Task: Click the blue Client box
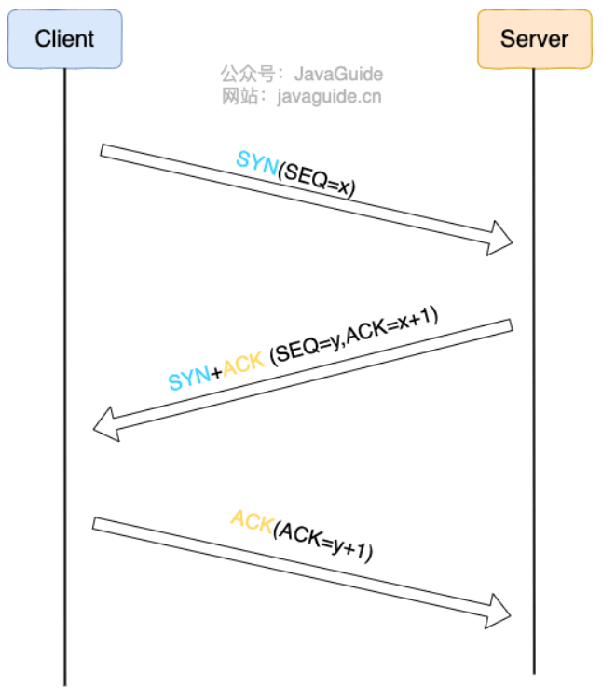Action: (x=64, y=39)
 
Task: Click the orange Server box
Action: (x=534, y=39)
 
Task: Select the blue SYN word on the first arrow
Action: (x=257, y=161)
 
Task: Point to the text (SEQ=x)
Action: (x=318, y=179)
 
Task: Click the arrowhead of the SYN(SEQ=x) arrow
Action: (x=499, y=238)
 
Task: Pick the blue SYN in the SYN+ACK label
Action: (x=189, y=378)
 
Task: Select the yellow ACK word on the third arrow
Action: (x=252, y=521)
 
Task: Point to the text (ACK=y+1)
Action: (x=322, y=541)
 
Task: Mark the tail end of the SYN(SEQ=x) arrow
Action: (x=103, y=151)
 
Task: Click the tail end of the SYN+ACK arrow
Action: (x=509, y=325)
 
